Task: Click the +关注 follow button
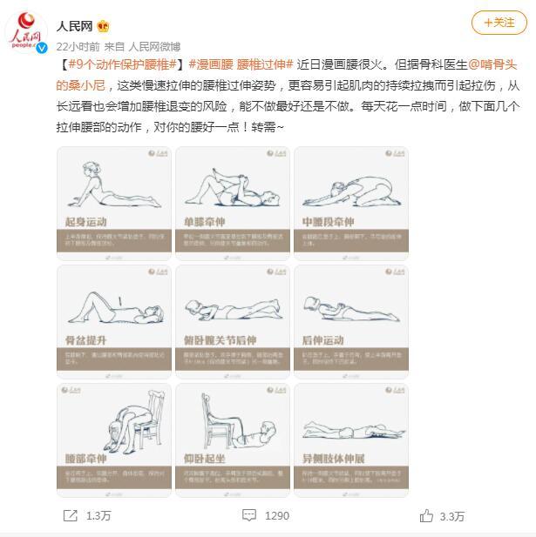pos(499,23)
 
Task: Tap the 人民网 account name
pos(76,26)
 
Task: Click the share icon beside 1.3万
pos(70,515)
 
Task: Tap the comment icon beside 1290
pos(249,515)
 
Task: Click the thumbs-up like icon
pos(426,515)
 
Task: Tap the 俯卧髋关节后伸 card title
pos(219,339)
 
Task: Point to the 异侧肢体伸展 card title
pos(335,458)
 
